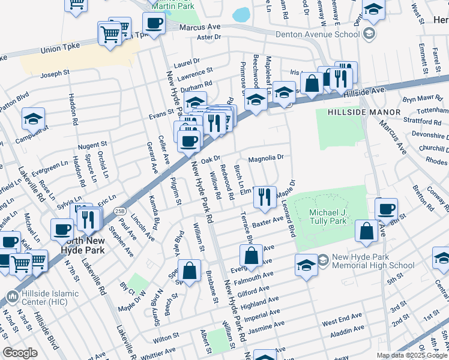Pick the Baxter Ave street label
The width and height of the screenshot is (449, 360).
pyautogui.click(x=267, y=223)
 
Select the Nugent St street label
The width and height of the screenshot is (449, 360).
pyautogui.click(x=92, y=145)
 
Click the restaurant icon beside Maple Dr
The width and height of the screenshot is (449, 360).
pyautogui.click(x=265, y=196)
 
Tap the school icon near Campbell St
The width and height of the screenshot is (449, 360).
pyautogui.click(x=34, y=118)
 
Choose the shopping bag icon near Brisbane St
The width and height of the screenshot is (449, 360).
pyautogui.click(x=189, y=270)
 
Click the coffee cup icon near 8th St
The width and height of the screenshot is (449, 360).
pyautogui.click(x=387, y=209)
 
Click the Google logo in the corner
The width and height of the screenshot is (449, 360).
pyautogui.click(x=20, y=353)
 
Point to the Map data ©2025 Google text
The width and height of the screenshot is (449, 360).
pyautogui.click(x=411, y=355)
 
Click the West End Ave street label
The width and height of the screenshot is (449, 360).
pyautogui.click(x=342, y=316)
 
